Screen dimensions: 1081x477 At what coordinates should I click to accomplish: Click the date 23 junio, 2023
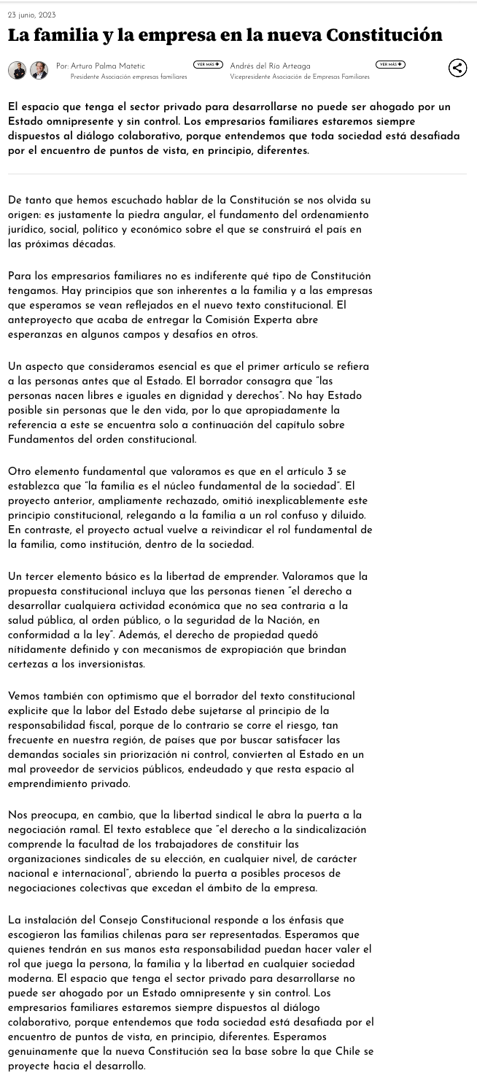click(x=31, y=15)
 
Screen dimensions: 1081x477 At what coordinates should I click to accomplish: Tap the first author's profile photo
click(x=17, y=70)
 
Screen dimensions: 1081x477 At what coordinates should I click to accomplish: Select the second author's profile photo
click(x=39, y=70)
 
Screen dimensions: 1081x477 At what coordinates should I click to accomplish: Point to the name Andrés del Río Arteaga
click(x=270, y=66)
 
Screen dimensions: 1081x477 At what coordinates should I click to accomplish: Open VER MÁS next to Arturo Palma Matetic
click(x=208, y=65)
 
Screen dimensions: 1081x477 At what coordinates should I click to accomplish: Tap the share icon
click(x=457, y=68)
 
